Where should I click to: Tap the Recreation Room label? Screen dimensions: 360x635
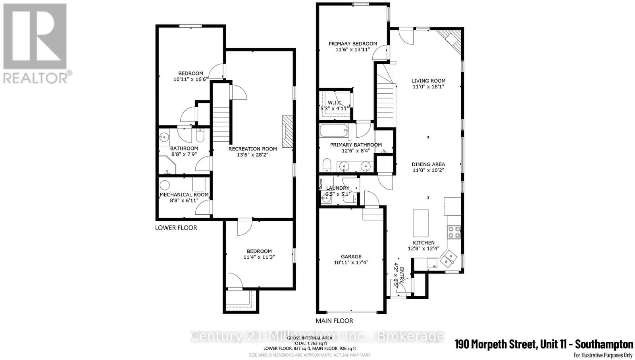point(252,149)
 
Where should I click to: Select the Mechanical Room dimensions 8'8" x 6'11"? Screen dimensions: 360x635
point(184,201)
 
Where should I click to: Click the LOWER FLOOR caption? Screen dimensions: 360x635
point(176,228)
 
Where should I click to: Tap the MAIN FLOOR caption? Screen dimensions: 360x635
point(334,321)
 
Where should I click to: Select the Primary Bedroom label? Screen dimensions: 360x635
point(353,44)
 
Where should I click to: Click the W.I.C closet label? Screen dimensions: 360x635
point(335,103)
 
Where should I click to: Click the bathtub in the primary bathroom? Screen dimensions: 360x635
point(334,131)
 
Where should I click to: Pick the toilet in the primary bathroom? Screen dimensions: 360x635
point(327,165)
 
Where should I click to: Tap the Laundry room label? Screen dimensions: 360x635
point(337,188)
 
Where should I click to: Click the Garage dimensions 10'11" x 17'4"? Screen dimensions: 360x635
point(351,262)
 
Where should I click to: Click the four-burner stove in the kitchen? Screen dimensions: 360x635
point(454,231)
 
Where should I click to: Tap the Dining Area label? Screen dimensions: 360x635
point(428,164)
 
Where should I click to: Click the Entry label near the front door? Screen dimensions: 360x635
point(401,273)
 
